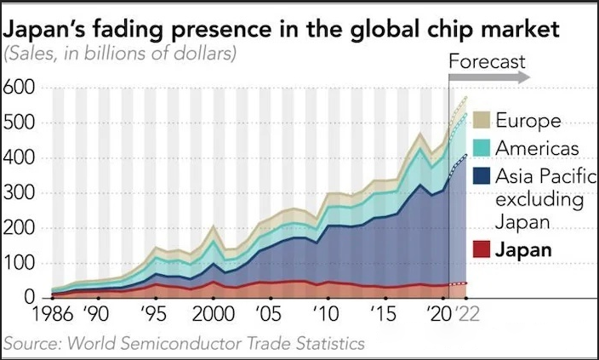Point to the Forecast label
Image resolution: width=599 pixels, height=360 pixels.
(x=487, y=62)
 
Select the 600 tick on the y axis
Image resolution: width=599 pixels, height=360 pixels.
(x=19, y=88)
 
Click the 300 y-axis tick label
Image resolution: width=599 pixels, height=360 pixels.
(x=19, y=192)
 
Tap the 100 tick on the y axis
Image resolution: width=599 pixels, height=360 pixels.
(x=19, y=263)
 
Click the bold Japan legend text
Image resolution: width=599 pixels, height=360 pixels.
(x=523, y=250)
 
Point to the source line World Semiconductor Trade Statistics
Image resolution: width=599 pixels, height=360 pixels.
(x=184, y=344)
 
